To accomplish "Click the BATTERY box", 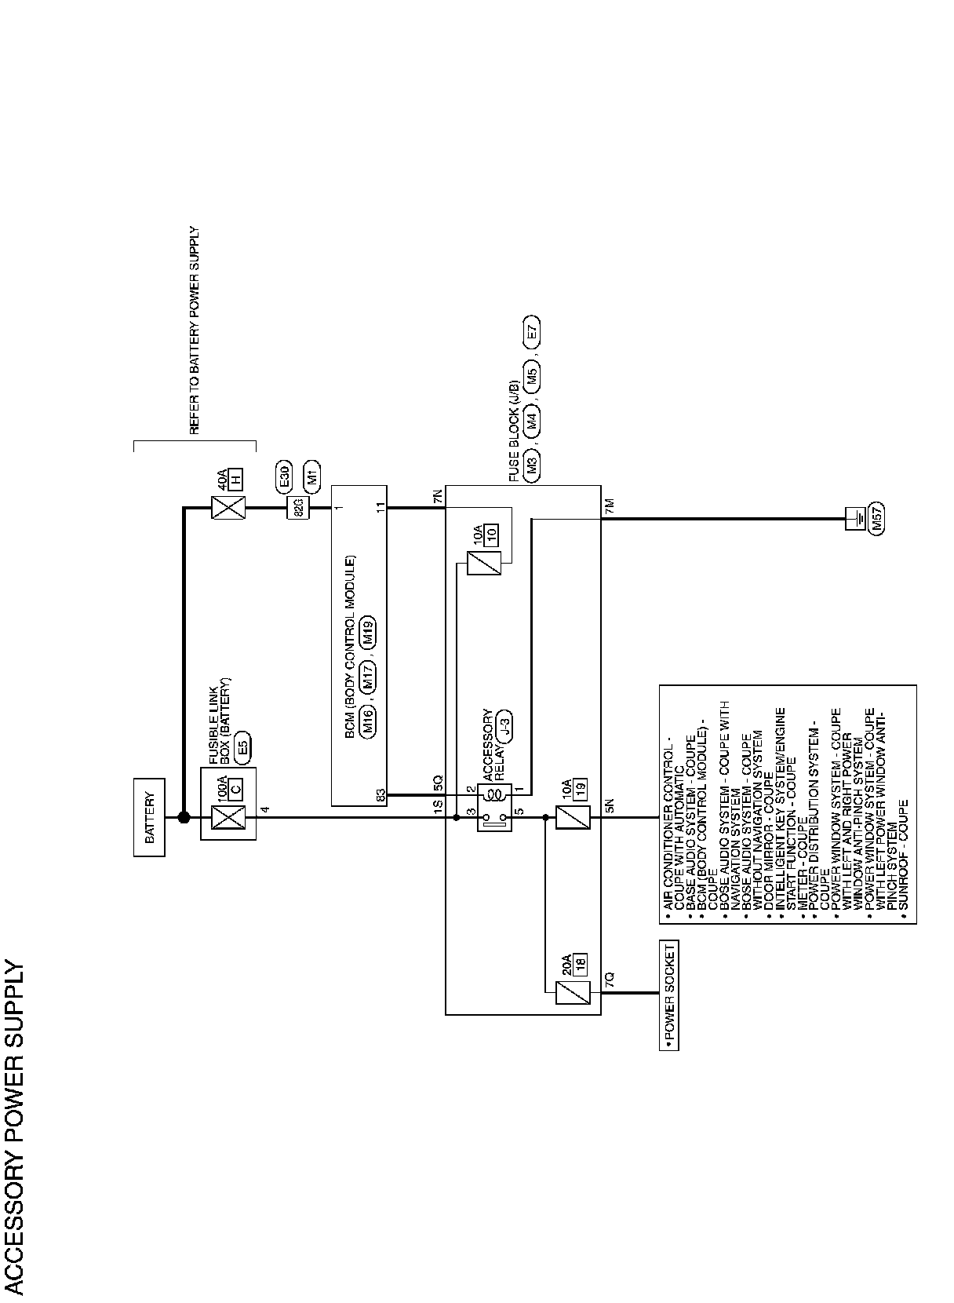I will (x=149, y=817).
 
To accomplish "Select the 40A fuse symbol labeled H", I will (x=228, y=508).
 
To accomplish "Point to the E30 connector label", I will (x=286, y=476).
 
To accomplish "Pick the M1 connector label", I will (x=311, y=476).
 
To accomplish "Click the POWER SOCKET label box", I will (x=668, y=994).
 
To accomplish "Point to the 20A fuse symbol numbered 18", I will (x=566, y=993).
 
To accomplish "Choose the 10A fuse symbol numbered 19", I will (x=566, y=817).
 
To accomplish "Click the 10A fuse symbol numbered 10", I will (x=482, y=564).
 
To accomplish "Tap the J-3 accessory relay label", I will (x=506, y=727).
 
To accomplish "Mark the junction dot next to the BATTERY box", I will (x=184, y=817).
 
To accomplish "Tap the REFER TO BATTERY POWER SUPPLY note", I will (x=195, y=330).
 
